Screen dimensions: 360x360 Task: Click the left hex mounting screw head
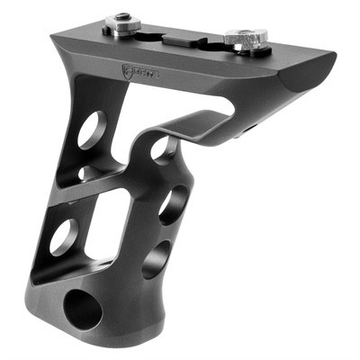118,19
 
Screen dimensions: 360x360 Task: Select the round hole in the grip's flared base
85,307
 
